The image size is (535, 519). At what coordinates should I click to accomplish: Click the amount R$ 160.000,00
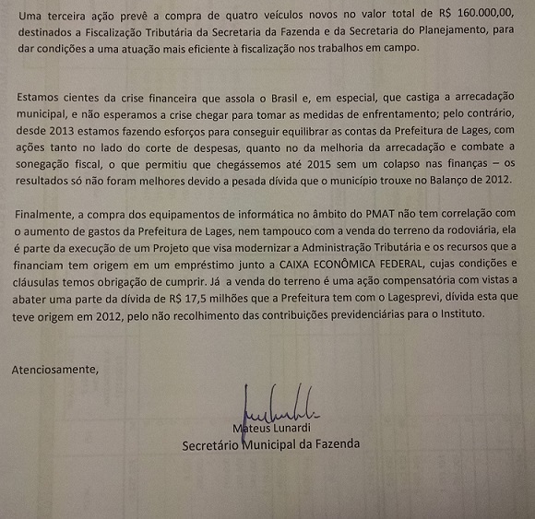(x=476, y=13)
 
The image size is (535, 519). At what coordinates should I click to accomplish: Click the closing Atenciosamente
(x=53, y=370)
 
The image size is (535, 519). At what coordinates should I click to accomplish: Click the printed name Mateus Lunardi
(x=273, y=427)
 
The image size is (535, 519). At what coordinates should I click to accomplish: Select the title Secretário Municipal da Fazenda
(x=270, y=444)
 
